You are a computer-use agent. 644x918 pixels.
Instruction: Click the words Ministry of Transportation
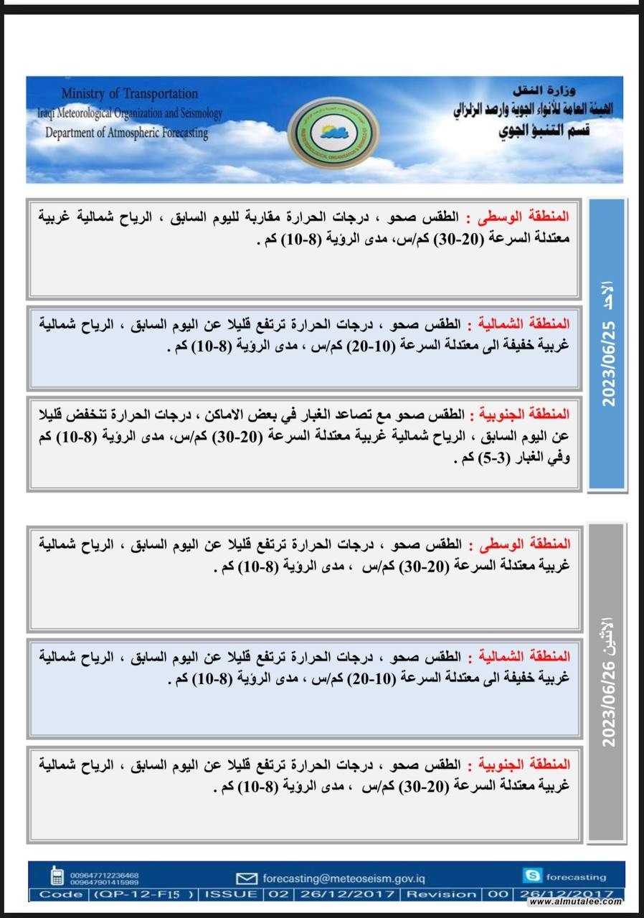pos(130,94)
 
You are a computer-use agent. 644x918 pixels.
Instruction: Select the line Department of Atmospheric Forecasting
pos(126,133)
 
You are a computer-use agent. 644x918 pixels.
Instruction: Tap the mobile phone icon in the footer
pos(57,876)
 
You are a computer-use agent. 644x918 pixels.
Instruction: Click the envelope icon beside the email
pos(247,878)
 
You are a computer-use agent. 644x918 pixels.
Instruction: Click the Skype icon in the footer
pos(531,876)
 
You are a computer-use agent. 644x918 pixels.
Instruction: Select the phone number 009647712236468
pos(105,874)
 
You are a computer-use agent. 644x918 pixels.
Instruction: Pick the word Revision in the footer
pos(441,894)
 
